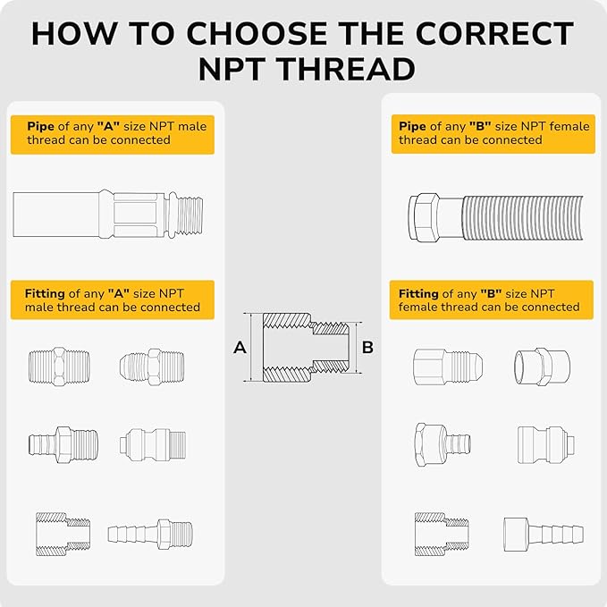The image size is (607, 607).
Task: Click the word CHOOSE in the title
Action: (257, 33)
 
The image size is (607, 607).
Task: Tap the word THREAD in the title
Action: (346, 69)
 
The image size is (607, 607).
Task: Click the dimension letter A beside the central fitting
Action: (240, 347)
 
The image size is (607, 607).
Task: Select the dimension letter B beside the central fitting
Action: (367, 347)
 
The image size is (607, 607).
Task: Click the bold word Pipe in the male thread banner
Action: (40, 126)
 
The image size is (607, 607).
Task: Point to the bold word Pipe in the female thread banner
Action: (413, 126)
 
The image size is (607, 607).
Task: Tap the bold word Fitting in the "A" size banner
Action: (45, 293)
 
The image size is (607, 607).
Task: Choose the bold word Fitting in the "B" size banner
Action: (418, 293)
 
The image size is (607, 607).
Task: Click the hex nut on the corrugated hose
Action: (424, 216)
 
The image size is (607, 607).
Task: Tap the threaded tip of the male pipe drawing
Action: (186, 214)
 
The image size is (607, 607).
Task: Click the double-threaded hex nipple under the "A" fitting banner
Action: (59, 366)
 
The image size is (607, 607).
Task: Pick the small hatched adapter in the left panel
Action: (63, 535)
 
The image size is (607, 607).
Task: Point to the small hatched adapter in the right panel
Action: (442, 535)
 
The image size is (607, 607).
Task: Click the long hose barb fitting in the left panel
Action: (150, 534)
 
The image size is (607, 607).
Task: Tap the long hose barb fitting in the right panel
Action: (544, 535)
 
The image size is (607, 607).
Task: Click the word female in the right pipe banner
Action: (569, 126)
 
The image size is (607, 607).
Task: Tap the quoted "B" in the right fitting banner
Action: (491, 293)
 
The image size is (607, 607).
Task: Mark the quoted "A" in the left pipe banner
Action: (108, 126)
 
